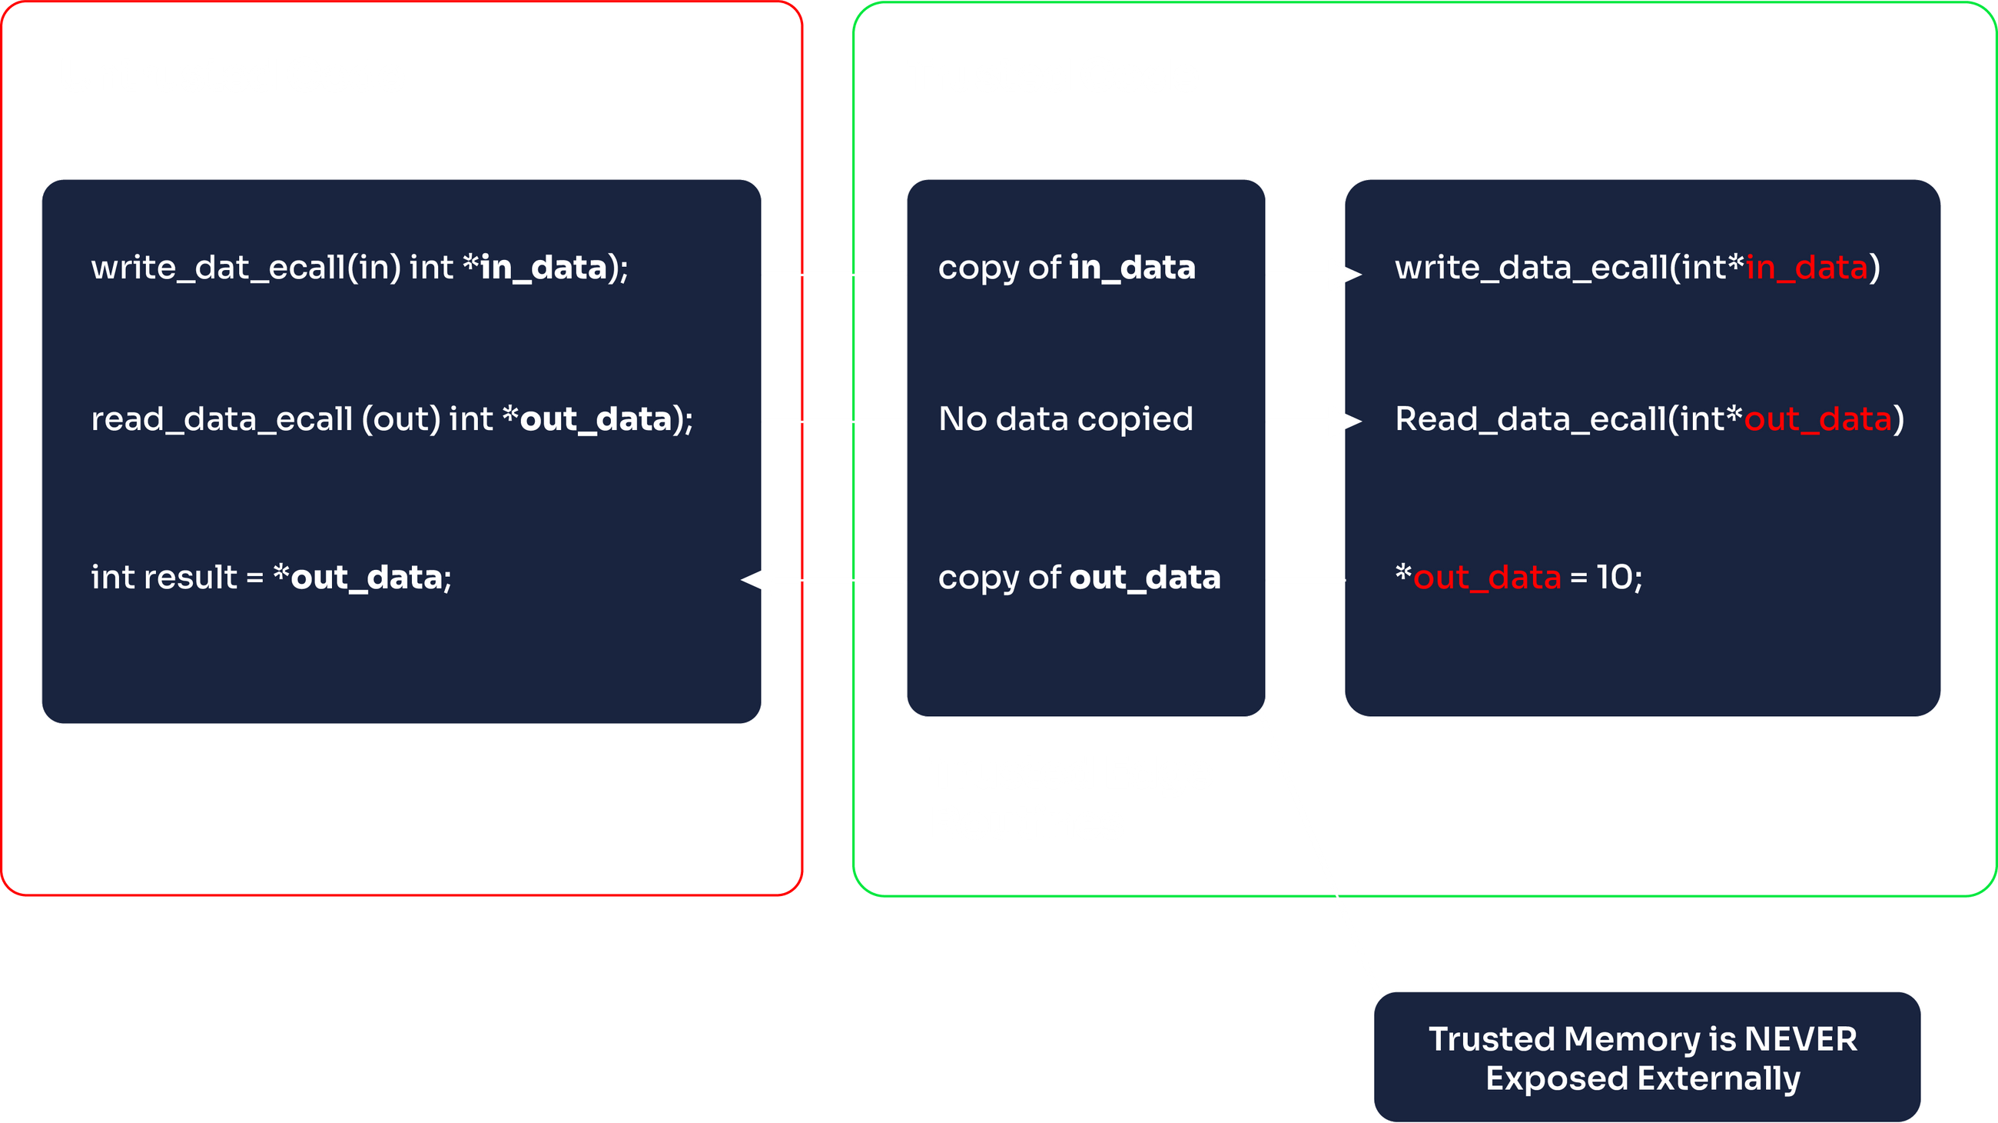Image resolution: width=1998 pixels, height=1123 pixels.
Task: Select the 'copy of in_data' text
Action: coord(1067,268)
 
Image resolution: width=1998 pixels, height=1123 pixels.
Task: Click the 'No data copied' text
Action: coord(1066,419)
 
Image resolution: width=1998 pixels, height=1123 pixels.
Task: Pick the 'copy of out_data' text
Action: coord(1079,578)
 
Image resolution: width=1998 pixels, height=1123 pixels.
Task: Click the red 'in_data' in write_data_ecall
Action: coord(1806,268)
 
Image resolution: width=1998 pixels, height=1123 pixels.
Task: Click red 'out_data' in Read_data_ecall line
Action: coord(1817,419)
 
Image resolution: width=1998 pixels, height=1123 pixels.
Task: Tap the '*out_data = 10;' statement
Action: coord(1518,578)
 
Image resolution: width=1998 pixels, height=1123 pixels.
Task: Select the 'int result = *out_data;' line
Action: coord(271,578)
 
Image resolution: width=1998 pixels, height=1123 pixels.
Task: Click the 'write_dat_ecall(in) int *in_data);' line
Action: coord(360,268)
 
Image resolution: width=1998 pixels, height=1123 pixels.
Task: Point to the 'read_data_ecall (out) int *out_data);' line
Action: coord(392,419)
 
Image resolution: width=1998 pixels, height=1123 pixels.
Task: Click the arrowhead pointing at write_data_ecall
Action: coord(1344,274)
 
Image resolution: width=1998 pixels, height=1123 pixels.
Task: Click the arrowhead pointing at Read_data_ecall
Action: coord(1344,422)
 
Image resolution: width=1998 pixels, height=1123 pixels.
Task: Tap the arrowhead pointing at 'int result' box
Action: coord(758,580)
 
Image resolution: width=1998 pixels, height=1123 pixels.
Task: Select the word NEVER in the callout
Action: coord(1801,1038)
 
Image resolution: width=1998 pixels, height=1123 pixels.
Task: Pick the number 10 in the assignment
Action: coord(1614,578)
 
